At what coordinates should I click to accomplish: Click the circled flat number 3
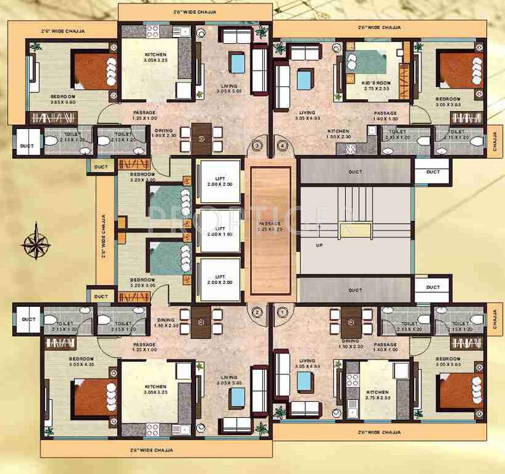pos(257,146)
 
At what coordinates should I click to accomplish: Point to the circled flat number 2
pos(257,312)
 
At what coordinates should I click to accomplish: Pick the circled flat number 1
pos(283,312)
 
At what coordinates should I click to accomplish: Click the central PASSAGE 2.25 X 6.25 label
pos(269,226)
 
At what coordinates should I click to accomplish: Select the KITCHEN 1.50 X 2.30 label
pos(338,134)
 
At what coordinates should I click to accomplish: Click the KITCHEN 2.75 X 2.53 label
pos(377,395)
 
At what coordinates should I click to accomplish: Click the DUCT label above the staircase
pos(354,172)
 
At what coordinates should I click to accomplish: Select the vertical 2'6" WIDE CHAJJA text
pos(104,238)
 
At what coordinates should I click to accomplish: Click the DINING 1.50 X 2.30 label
pos(350,344)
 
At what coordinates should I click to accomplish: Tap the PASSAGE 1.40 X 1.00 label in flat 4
pos(385,116)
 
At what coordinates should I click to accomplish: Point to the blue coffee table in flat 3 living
pos(237,62)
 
